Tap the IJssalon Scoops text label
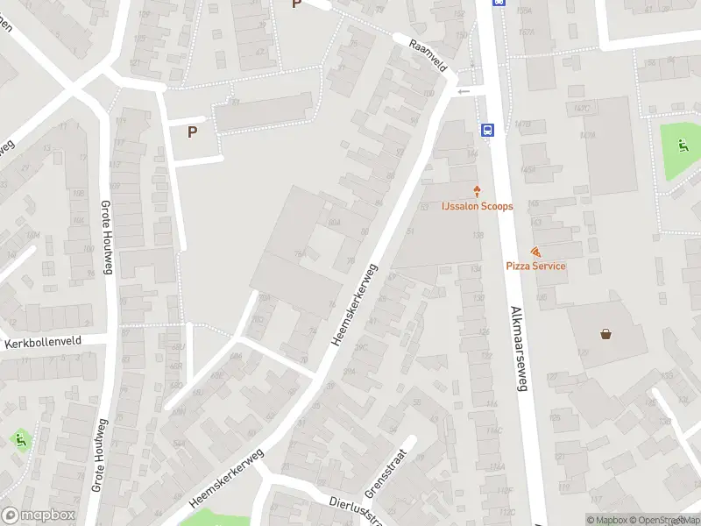[x=478, y=206]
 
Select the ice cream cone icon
[x=478, y=191]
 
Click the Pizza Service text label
[x=535, y=266]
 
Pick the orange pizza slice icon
[x=535, y=252]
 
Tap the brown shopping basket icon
[x=605, y=333]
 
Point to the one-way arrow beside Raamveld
[x=464, y=91]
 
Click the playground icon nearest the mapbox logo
[x=20, y=438]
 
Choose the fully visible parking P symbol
[x=192, y=132]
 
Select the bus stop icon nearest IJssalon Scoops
[x=487, y=131]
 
